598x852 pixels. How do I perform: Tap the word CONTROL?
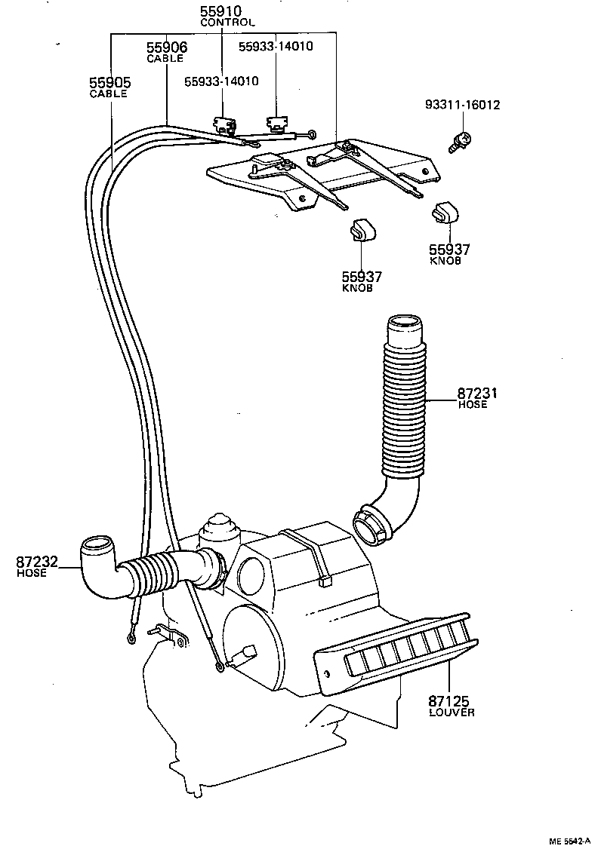(x=227, y=23)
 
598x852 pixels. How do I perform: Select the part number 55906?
(x=166, y=48)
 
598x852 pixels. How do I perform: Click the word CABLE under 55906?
(x=165, y=59)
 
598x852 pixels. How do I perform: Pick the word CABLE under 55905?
(x=109, y=94)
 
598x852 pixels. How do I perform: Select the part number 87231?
(x=478, y=393)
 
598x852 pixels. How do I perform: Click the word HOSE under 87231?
(x=472, y=405)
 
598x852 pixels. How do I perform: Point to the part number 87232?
(x=37, y=562)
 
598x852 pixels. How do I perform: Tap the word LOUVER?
(x=452, y=713)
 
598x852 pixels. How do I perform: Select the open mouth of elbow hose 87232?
(x=97, y=542)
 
